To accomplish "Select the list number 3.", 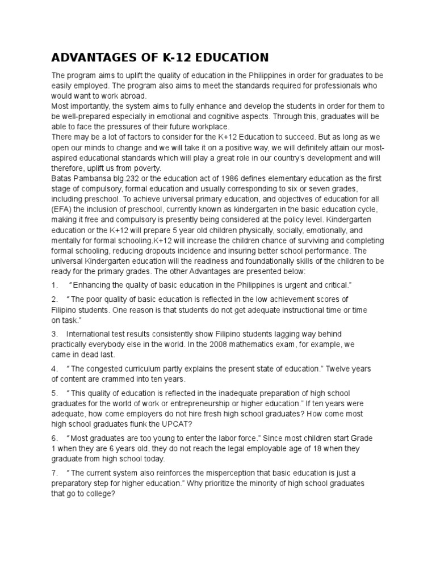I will coord(54,334).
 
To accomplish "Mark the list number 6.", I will coord(54,438).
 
